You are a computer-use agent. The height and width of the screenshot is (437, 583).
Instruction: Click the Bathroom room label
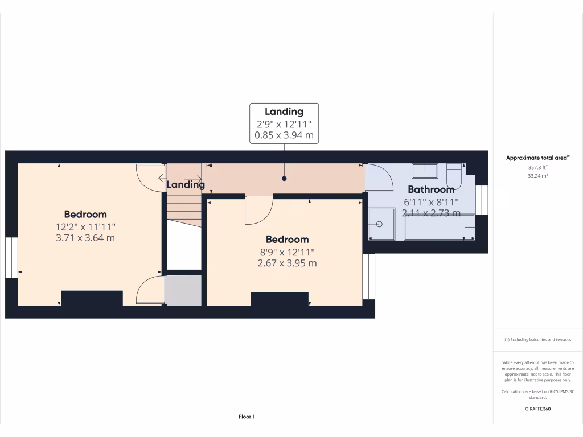431,189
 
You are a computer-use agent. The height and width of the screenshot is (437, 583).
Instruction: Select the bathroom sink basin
425,171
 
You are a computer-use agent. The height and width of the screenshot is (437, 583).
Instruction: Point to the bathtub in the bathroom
439,227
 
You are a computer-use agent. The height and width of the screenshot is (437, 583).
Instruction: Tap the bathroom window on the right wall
482,200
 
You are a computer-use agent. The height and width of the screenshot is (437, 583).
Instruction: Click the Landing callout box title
284,112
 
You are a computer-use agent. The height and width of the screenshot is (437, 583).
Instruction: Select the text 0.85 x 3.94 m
284,136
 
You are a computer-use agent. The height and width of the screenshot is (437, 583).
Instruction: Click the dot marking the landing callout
284,179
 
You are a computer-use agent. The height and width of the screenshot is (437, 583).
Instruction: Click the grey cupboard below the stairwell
183,290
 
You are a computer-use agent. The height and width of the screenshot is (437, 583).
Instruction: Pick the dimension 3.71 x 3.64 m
85,237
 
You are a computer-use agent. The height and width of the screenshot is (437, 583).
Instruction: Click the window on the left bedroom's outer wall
11,258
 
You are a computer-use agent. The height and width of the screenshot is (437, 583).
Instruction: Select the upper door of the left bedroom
149,176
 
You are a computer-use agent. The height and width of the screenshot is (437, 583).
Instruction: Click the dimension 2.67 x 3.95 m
287,263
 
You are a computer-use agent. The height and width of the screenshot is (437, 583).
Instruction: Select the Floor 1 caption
247,417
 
